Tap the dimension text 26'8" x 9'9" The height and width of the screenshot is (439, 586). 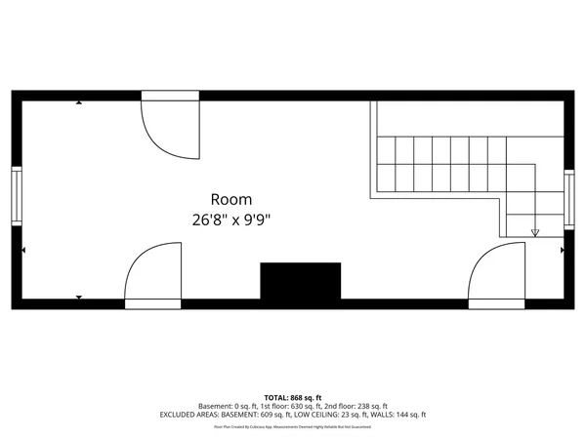coord(230,220)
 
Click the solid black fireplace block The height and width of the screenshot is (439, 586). coord(300,282)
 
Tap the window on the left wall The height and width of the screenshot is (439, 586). coord(16,193)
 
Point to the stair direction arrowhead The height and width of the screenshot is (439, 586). coord(535,232)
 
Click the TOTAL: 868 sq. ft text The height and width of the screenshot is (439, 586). coord(293,397)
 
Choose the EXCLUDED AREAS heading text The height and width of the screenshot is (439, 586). coord(194,415)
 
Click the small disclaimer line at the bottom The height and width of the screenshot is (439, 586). coord(293,426)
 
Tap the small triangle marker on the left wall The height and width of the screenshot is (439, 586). coord(23,251)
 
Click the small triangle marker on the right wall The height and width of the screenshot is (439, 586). coord(562,251)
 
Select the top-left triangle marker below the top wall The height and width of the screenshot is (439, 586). coord(79,102)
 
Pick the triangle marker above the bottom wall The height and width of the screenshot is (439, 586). coord(79,297)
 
